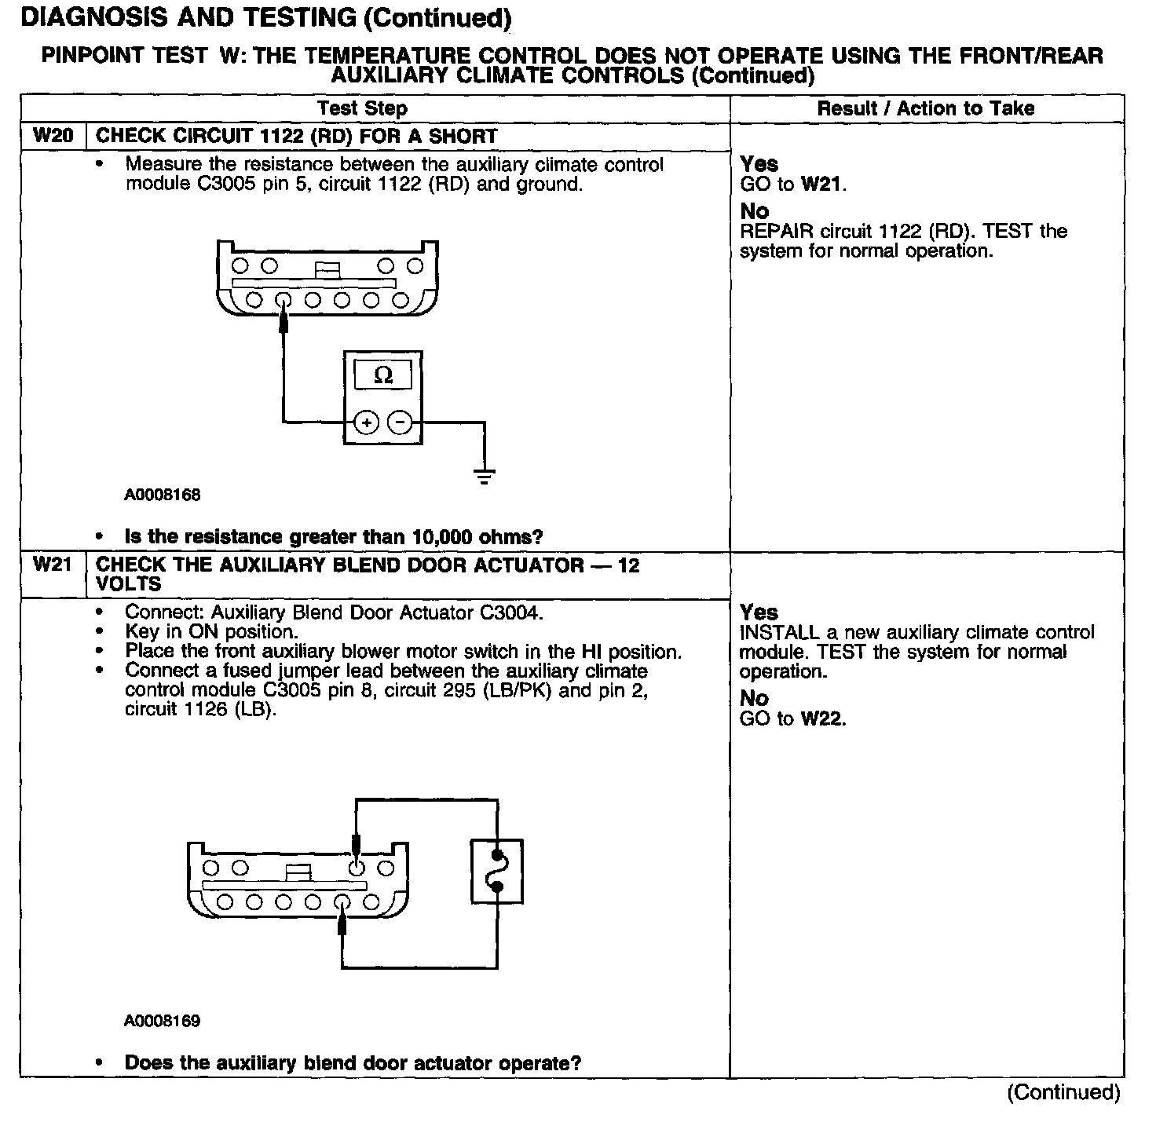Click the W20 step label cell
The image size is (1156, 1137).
(x=53, y=136)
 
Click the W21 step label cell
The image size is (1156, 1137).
(x=53, y=565)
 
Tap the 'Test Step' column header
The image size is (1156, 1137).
(x=362, y=108)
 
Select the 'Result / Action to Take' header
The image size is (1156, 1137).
(x=926, y=108)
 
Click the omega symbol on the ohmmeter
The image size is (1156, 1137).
(x=383, y=375)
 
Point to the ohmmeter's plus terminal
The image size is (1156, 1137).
(x=366, y=423)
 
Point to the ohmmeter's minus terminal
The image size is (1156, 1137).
(x=401, y=423)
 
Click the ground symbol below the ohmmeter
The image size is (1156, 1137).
(x=485, y=474)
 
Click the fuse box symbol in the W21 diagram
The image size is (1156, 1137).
(x=496, y=871)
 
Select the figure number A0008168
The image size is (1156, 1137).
(x=163, y=495)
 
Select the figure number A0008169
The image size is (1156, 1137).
(x=163, y=1021)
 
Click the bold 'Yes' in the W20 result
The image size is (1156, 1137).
(x=759, y=164)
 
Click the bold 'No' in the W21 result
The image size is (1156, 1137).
(x=754, y=698)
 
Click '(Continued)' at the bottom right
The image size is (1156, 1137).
(x=1063, y=1092)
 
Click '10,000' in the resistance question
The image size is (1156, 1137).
(x=439, y=537)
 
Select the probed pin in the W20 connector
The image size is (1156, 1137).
(x=284, y=299)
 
